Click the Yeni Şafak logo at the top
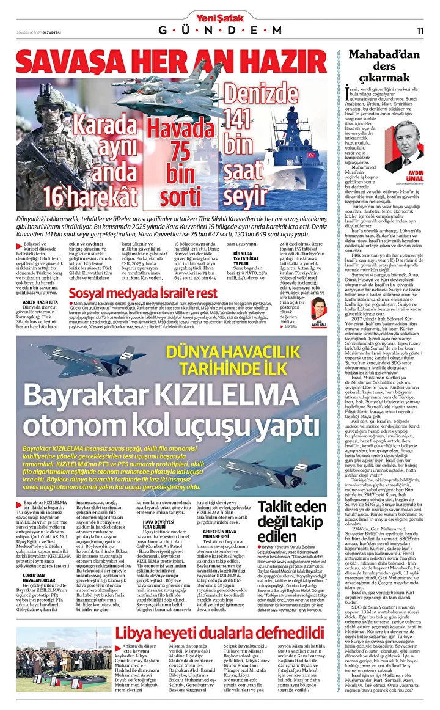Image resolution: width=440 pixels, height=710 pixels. [220, 16]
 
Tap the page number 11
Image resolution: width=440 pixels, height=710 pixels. [420, 31]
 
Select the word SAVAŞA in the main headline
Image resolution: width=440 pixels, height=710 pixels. [65, 62]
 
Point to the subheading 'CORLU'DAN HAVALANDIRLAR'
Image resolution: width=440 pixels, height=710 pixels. [38, 579]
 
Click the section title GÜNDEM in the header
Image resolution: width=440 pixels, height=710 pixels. [220, 31]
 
